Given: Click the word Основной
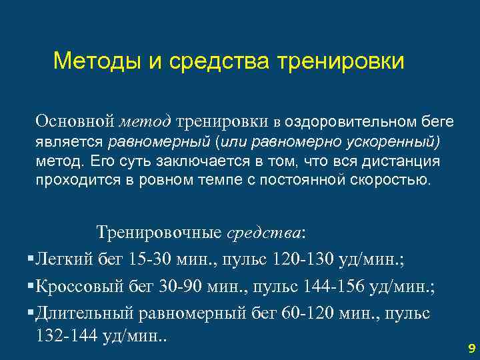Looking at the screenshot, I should [76, 121].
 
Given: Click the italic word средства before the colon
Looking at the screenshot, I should [265, 233].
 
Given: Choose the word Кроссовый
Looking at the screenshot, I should [79, 286].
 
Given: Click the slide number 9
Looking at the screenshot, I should [471, 347].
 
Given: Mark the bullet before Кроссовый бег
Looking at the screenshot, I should [31, 286].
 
